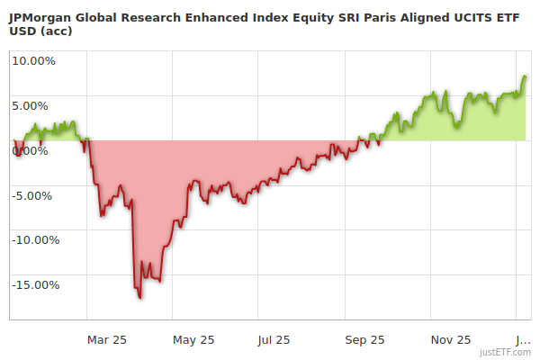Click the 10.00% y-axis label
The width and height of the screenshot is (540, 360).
pos(33,61)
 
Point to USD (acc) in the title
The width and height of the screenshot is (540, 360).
pos(40,31)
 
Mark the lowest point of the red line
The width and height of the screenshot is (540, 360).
pos(139,297)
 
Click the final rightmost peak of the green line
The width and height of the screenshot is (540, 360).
pos(526,76)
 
